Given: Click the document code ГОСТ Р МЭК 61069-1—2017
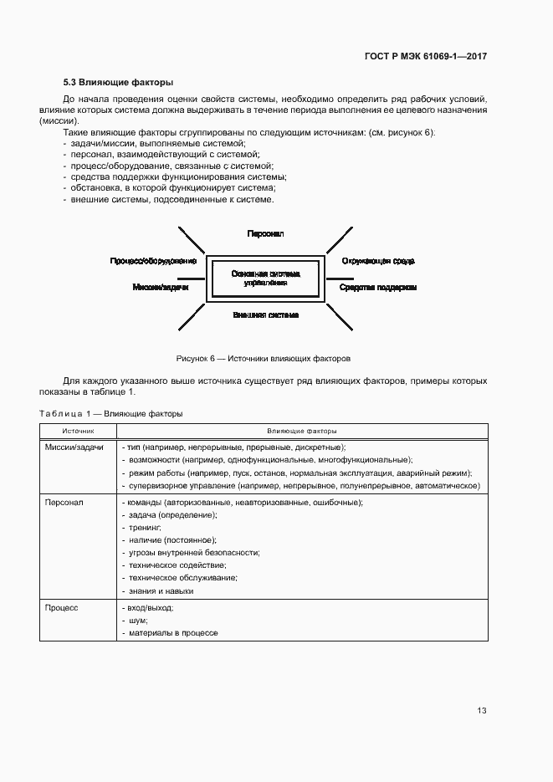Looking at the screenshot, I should [x=426, y=57].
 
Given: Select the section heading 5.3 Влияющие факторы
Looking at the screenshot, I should [x=118, y=83].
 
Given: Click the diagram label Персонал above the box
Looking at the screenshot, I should [x=265, y=234].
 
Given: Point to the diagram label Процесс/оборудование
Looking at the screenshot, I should [x=153, y=261].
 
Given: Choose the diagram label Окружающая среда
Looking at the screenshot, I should [x=378, y=261].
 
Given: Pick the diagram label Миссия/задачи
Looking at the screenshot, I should [x=161, y=287].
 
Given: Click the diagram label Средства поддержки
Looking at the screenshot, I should [x=377, y=287].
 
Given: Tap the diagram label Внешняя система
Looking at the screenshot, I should [x=265, y=315].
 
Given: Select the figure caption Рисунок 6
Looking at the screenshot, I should [x=263, y=358].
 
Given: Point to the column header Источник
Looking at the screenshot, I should [x=78, y=431].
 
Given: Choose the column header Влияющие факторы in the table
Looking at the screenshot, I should [x=302, y=431].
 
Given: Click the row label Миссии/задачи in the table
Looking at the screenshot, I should [x=74, y=447].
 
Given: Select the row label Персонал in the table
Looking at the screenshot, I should [x=64, y=502].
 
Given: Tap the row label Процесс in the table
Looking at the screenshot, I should [x=62, y=608].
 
